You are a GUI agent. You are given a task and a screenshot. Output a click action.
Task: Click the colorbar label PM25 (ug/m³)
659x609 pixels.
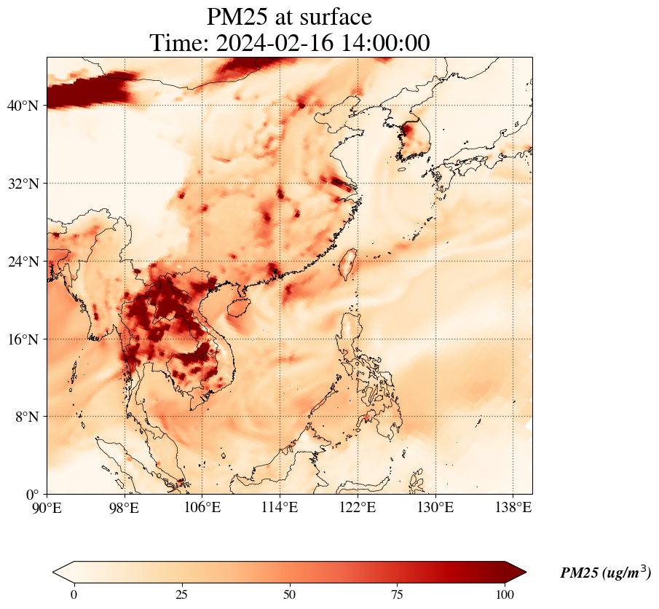(605, 573)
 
